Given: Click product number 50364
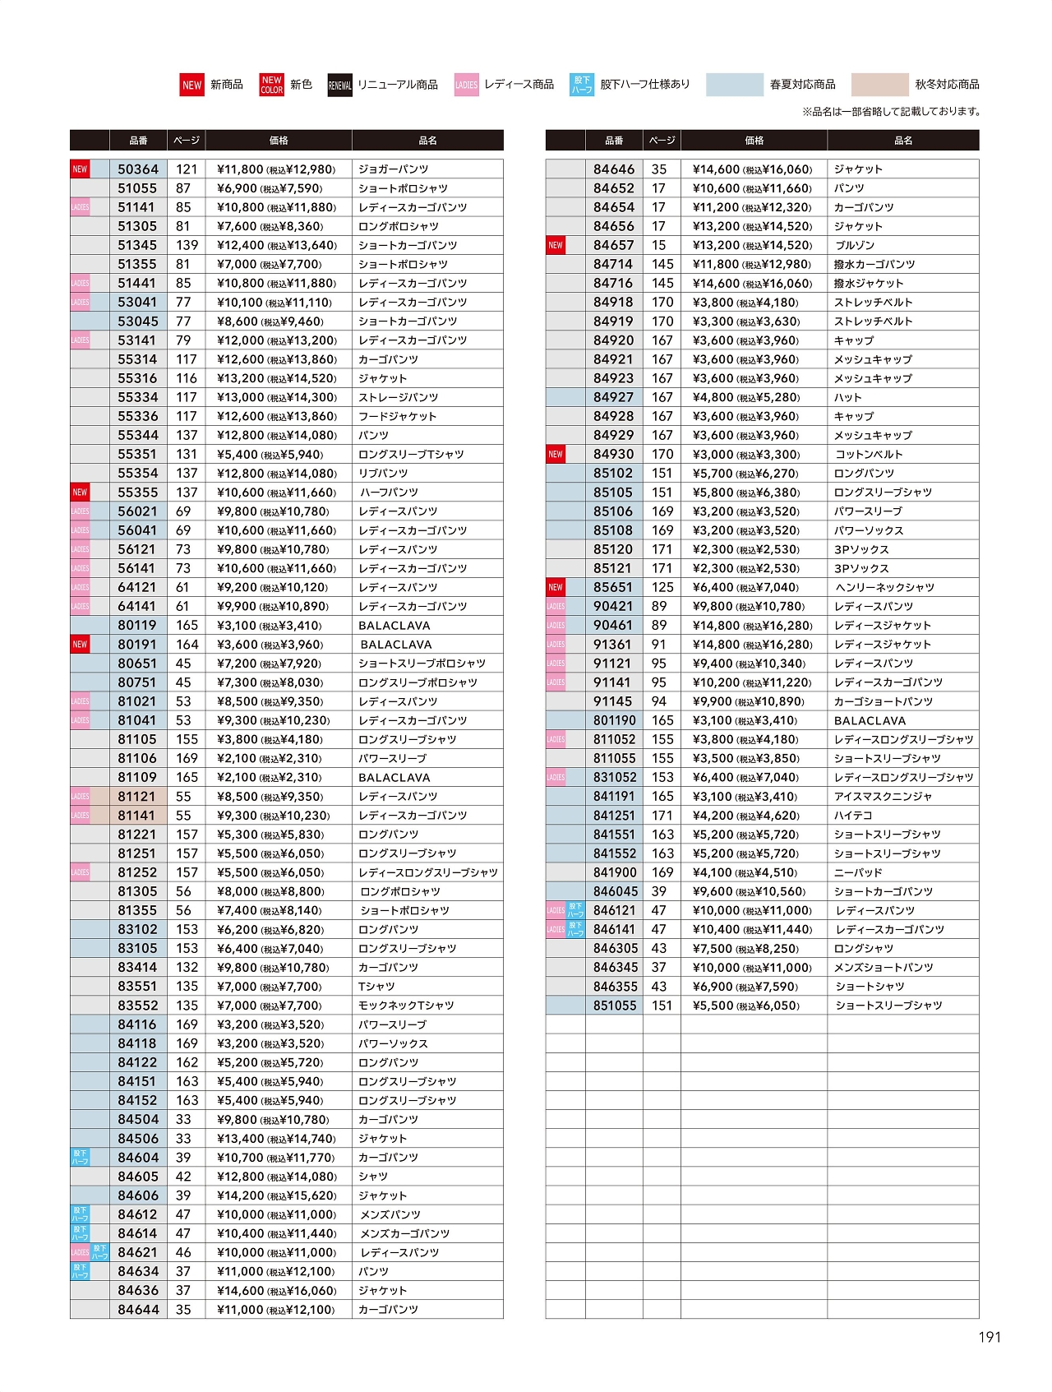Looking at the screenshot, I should click(137, 169).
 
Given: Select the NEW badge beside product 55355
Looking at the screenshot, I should click(80, 493).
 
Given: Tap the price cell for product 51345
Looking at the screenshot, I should click(277, 245).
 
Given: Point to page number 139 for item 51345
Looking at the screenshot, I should click(187, 245).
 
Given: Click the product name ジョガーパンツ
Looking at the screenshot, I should click(393, 169).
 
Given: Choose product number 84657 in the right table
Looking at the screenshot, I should click(613, 245).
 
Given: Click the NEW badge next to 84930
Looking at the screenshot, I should click(556, 454).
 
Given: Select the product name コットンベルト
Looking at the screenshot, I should click(868, 454).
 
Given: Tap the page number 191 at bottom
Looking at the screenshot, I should click(990, 1337).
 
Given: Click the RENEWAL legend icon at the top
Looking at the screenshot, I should click(340, 85).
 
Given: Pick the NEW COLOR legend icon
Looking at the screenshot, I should click(271, 85).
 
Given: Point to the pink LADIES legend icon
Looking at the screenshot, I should click(466, 85).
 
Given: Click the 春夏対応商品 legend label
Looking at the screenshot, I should click(802, 85).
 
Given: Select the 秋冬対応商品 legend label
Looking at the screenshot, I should click(947, 85).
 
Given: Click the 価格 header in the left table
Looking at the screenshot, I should click(279, 141).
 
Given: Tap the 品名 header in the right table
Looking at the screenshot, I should click(902, 141).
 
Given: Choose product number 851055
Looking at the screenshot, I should click(614, 1006).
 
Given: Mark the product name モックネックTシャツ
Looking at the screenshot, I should click(406, 1006).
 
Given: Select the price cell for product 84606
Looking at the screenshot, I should click(277, 1195).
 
